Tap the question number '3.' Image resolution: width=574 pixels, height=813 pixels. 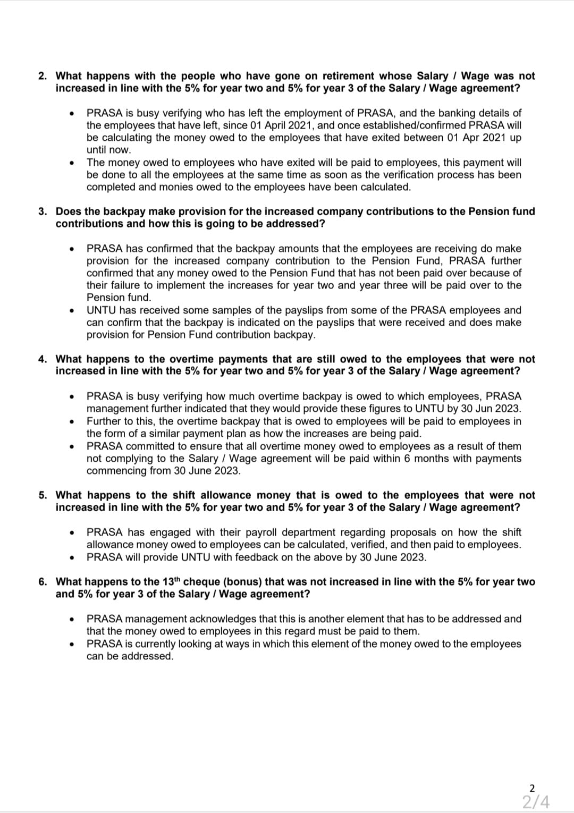pyautogui.click(x=43, y=211)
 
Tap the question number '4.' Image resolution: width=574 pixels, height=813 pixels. pyautogui.click(x=43, y=359)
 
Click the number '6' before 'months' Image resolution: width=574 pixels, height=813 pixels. pyautogui.click(x=407, y=459)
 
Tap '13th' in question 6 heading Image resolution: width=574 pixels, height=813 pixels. pyautogui.click(x=170, y=581)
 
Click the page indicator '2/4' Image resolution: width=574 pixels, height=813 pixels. pyautogui.click(x=535, y=801)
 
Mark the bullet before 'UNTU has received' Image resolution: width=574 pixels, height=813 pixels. pyautogui.click(x=71, y=311)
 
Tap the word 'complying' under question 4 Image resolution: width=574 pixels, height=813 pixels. pyautogui.click(x=126, y=459)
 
